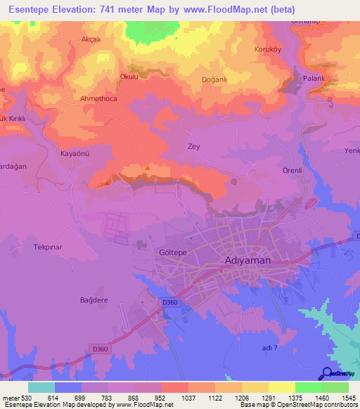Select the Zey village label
194,146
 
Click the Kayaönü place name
74,153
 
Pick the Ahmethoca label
98,99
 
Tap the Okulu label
129,77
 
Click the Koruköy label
267,50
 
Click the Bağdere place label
93,299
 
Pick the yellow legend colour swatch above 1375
281,387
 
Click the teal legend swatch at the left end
41,387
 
